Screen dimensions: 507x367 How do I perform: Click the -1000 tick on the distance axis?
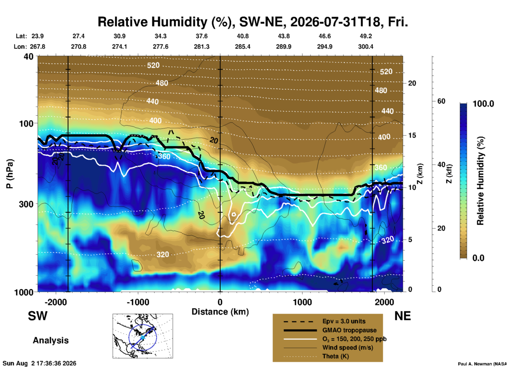coord(138,302)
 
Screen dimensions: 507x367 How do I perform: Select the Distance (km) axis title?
coord(220,312)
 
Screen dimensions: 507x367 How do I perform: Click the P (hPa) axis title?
coord(9,174)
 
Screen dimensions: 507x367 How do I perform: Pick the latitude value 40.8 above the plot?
coord(242,36)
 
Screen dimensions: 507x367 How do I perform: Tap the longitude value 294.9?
coord(325,47)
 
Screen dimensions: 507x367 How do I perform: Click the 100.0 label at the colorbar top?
coord(483,104)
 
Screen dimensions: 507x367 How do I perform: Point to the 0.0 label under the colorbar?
coord(478,258)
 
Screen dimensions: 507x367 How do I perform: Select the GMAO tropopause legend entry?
coord(349,330)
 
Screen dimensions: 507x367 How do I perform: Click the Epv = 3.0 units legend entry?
coord(344,321)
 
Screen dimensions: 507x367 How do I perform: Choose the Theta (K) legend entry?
coord(336,356)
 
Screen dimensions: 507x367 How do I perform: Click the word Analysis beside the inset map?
coord(51,340)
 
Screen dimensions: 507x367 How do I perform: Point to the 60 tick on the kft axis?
coord(441,101)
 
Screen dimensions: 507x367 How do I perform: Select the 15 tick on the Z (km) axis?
coord(412,135)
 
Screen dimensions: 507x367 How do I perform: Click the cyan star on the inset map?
coord(142,337)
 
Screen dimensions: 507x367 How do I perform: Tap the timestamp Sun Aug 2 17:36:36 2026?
coord(39,363)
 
